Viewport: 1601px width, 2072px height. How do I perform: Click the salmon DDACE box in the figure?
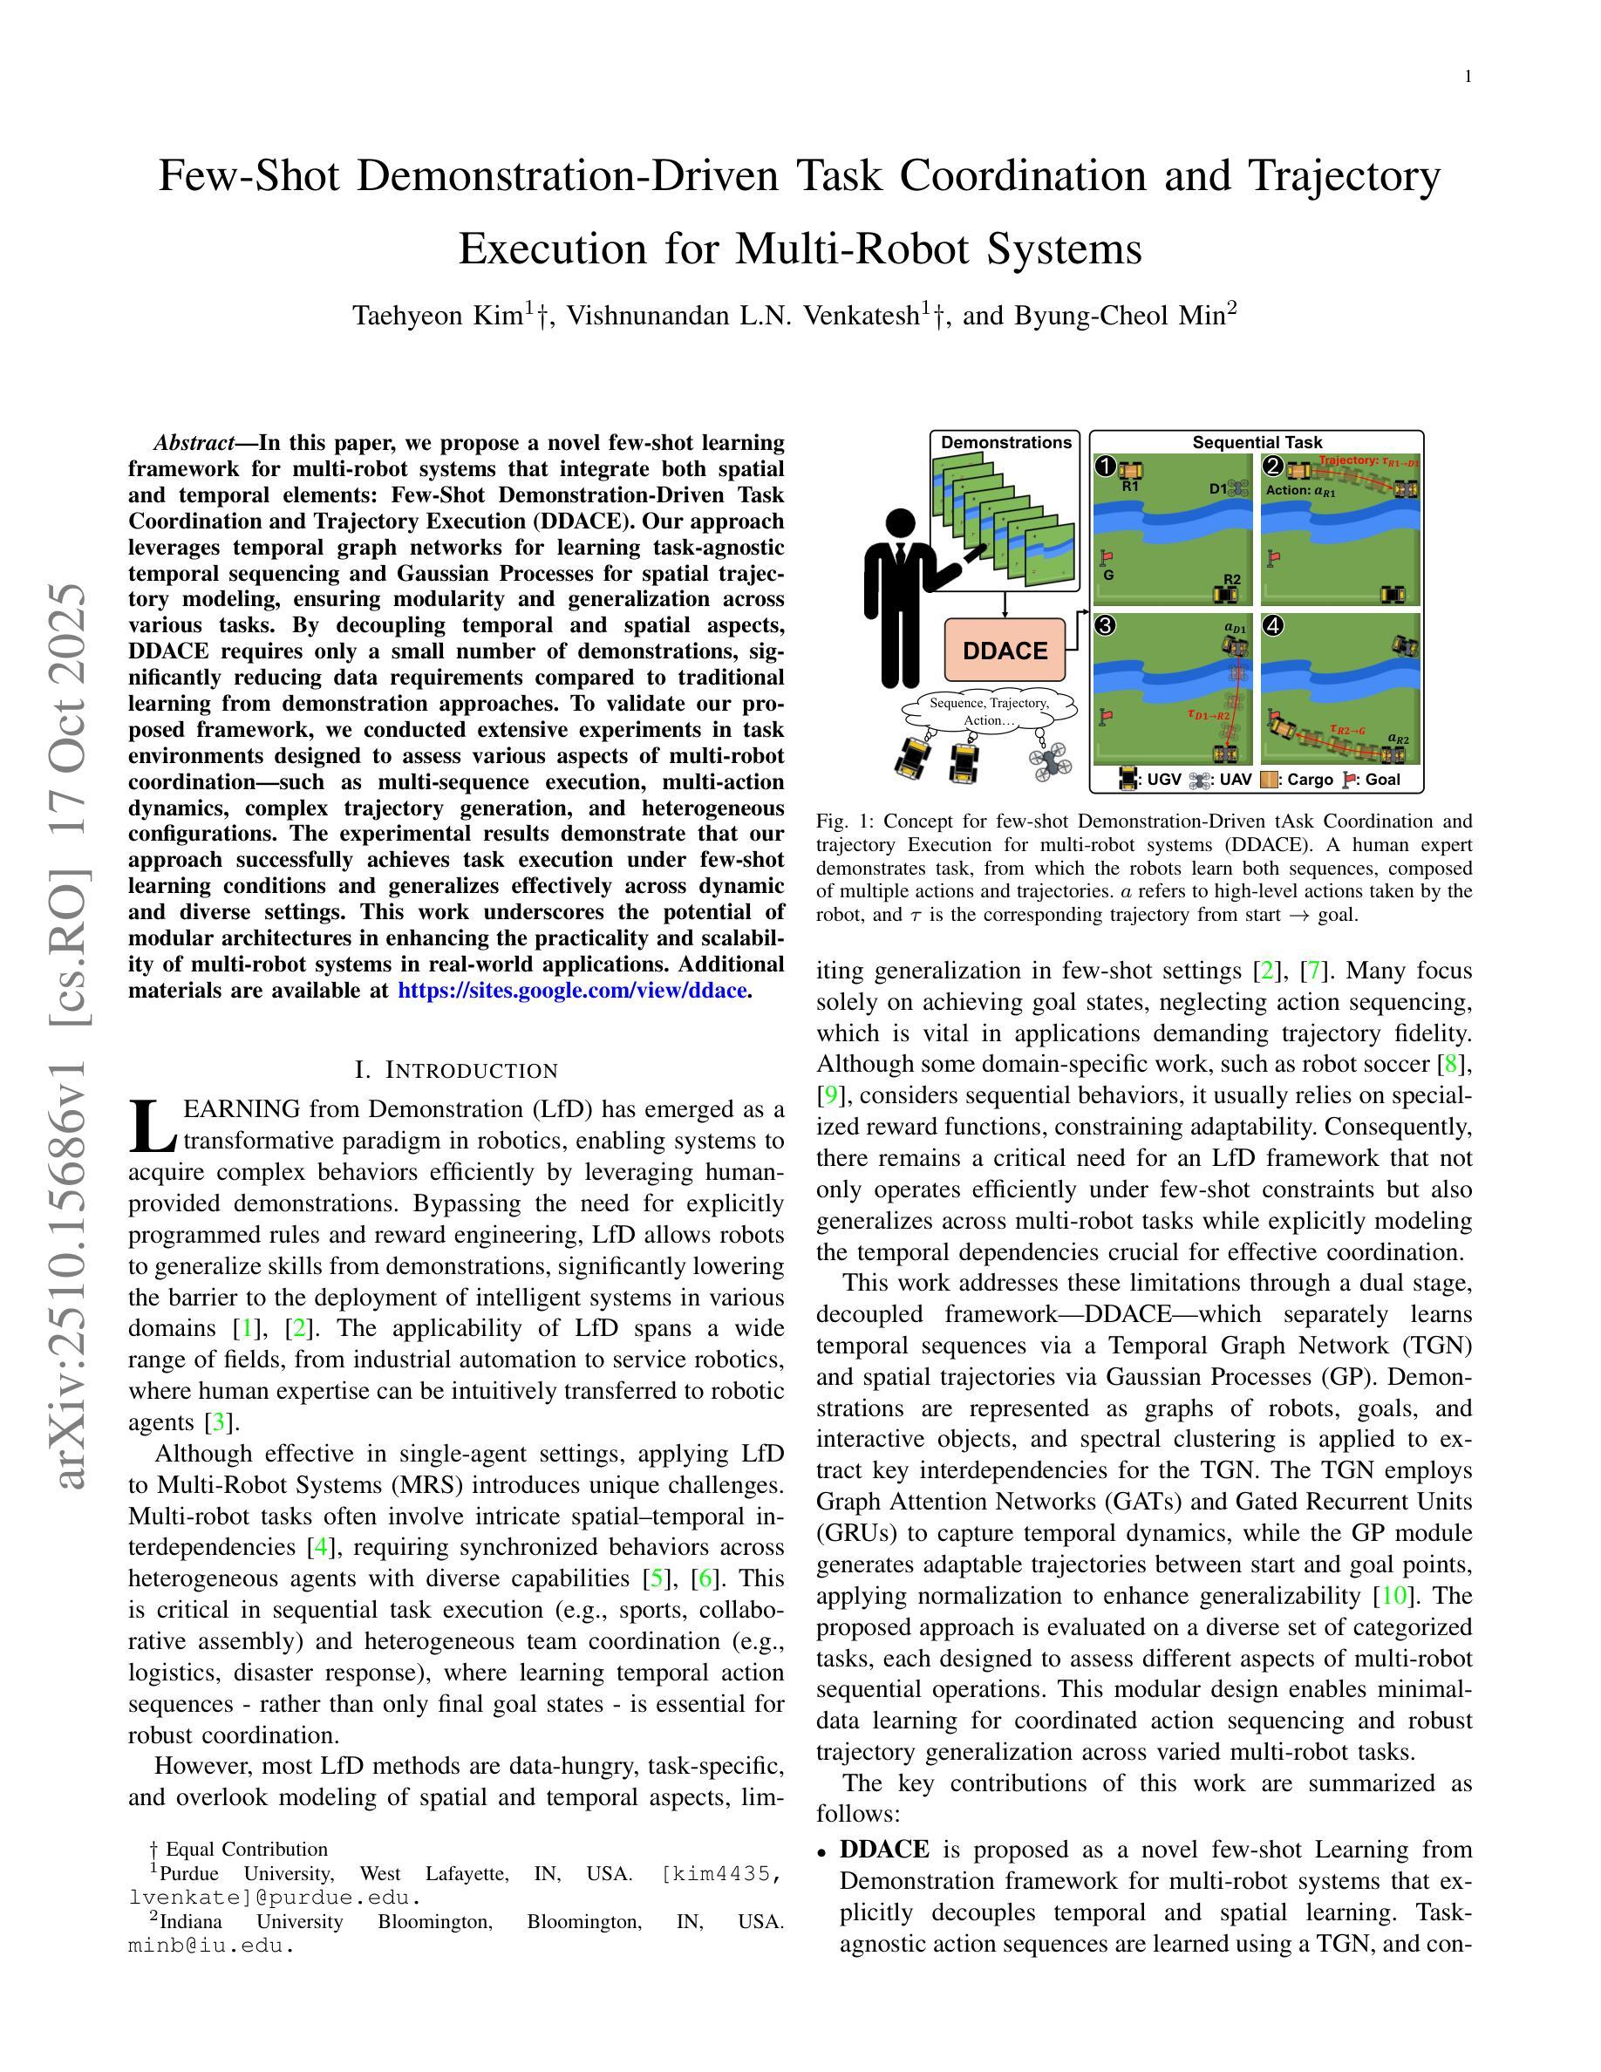[1005, 651]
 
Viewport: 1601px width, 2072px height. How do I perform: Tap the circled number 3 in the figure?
[1104, 625]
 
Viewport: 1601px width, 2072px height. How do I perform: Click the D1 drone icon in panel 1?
[1237, 487]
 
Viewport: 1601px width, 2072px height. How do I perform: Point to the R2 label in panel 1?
[1231, 579]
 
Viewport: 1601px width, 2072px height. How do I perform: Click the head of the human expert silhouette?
[899, 524]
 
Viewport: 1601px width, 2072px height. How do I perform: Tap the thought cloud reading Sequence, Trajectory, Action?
[989, 712]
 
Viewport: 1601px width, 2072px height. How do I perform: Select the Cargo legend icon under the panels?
[1268, 780]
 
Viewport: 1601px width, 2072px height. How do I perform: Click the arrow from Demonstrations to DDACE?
[1005, 604]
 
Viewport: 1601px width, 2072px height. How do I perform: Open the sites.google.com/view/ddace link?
[572, 991]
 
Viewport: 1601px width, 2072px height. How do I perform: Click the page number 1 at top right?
[1468, 77]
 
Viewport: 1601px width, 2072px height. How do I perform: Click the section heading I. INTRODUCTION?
[456, 1070]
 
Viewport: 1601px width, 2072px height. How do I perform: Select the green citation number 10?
[1393, 1596]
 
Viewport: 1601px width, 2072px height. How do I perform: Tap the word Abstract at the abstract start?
[194, 443]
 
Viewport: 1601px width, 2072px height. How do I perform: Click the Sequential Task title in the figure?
[1257, 442]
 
